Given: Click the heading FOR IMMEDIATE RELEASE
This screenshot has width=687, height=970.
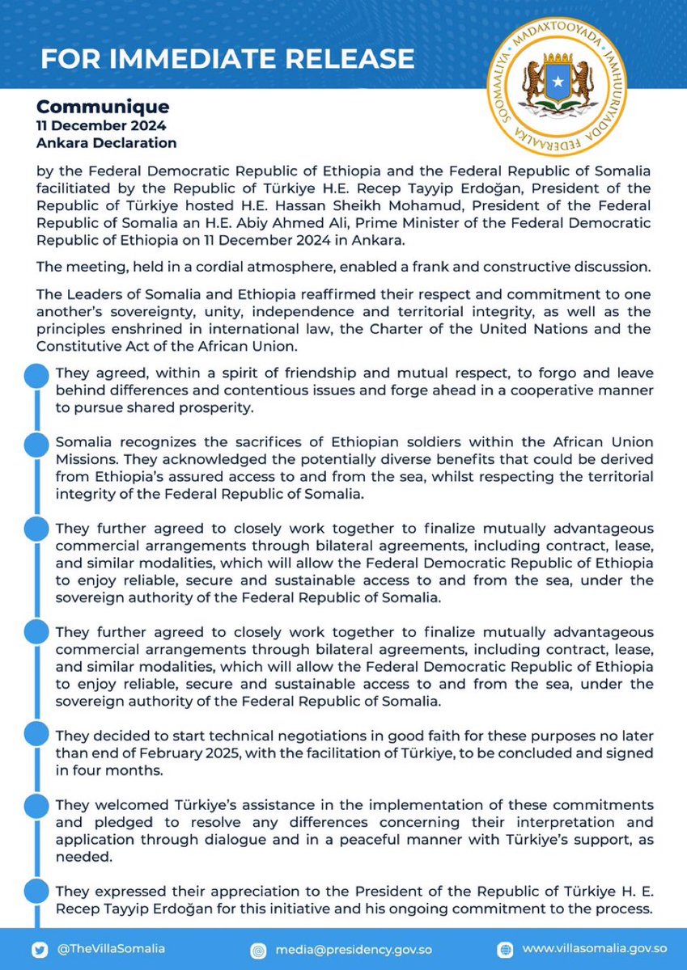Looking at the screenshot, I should pyautogui.click(x=227, y=59).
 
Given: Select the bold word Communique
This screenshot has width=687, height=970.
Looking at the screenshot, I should pyautogui.click(x=103, y=107).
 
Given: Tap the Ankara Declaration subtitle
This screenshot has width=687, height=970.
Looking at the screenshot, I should pyautogui.click(x=106, y=143).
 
